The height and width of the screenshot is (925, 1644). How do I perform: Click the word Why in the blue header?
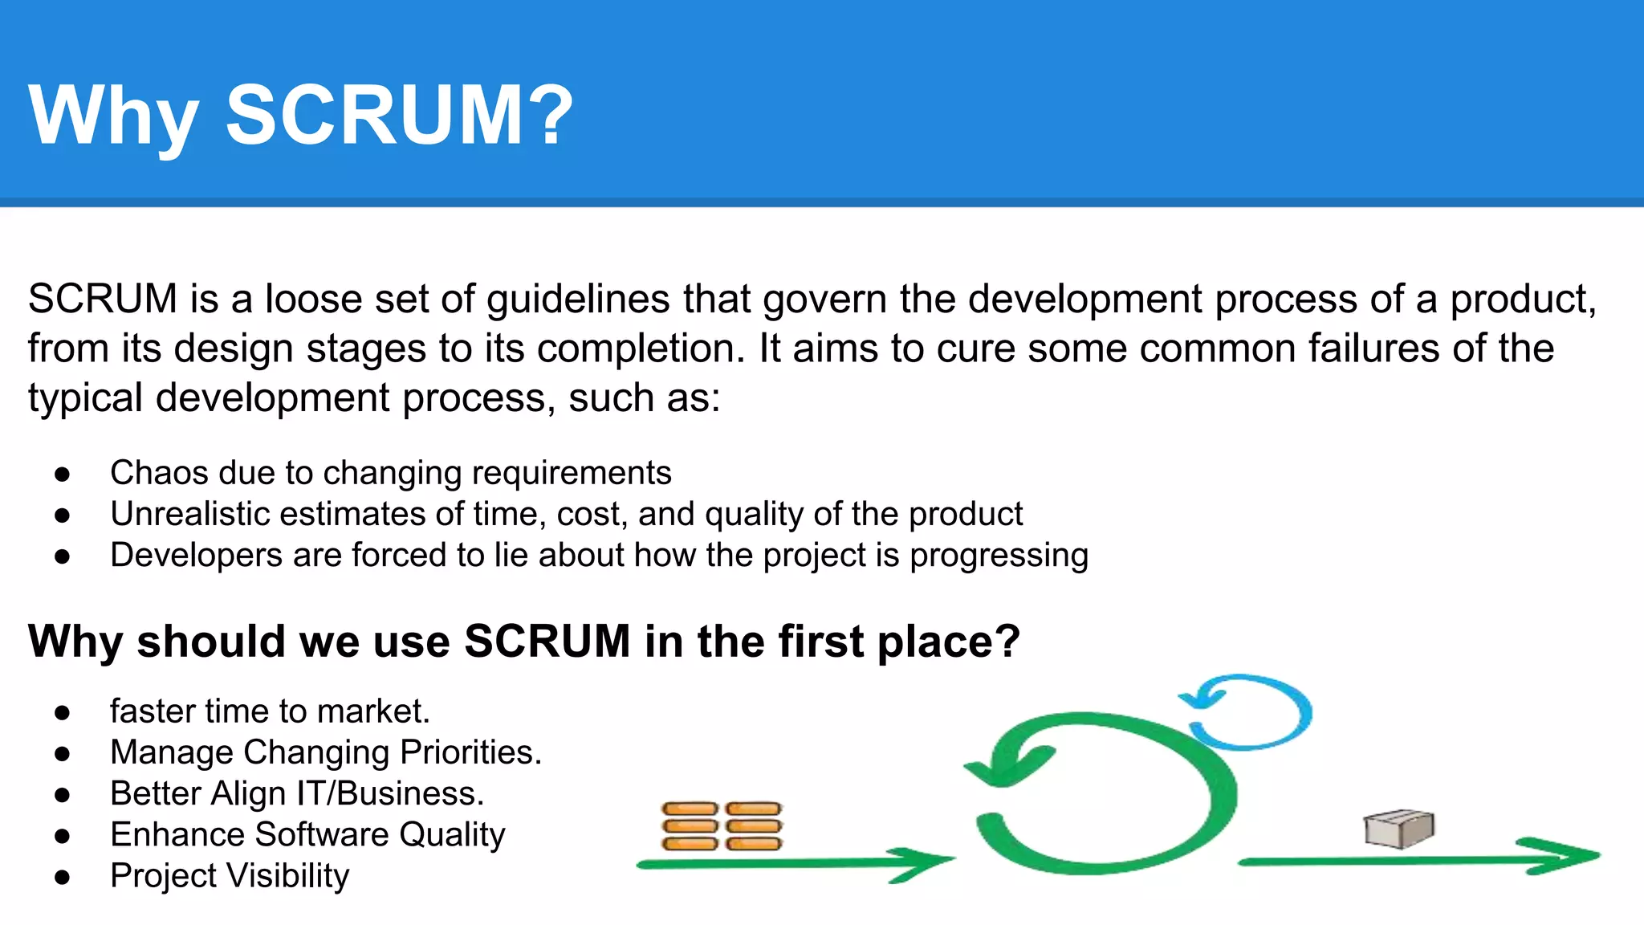[113, 116]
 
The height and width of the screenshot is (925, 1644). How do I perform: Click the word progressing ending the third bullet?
[999, 556]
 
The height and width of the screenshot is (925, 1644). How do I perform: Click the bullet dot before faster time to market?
[63, 712]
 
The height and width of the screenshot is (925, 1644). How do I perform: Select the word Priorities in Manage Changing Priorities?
[470, 752]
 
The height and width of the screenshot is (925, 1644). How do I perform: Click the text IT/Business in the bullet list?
[390, 793]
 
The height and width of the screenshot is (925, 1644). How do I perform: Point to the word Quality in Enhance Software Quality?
[452, 835]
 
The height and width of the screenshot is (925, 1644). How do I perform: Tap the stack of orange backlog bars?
[722, 825]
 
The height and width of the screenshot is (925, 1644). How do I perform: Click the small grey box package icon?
[1398, 829]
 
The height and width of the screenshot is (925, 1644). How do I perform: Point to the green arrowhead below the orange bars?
[923, 862]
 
